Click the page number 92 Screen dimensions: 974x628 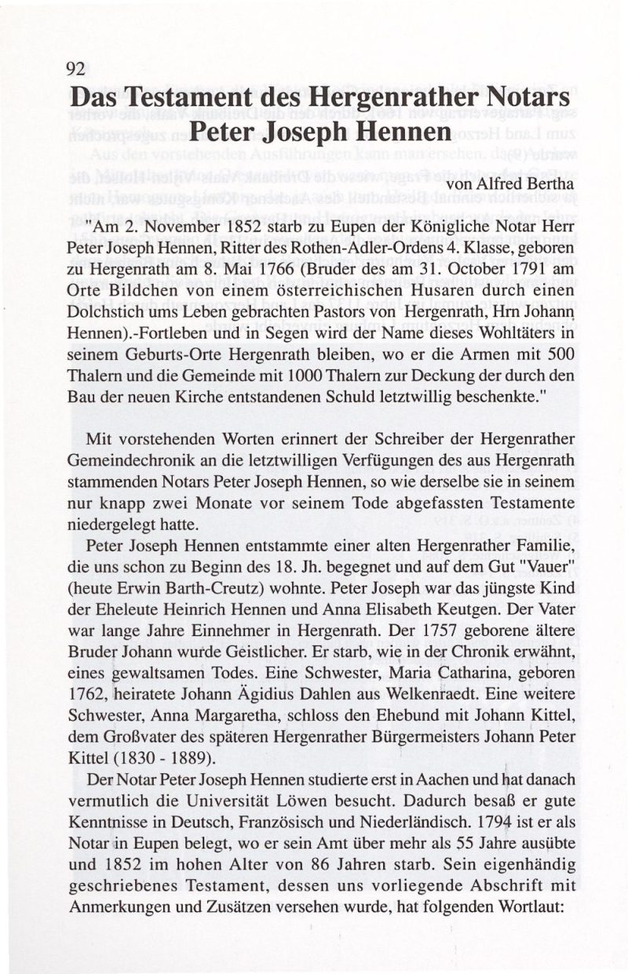(75, 68)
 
